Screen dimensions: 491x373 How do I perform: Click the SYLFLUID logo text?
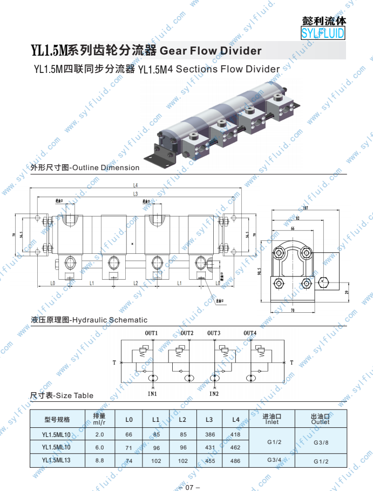[x=323, y=33]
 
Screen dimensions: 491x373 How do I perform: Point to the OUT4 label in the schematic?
[x=250, y=333]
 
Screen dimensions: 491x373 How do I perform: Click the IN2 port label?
[x=214, y=394]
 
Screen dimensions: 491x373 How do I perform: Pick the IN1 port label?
[x=153, y=394]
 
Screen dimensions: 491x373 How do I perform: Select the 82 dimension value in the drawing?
[x=297, y=218]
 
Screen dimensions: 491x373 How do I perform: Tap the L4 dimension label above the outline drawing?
[x=135, y=185]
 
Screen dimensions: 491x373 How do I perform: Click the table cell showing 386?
[x=210, y=434]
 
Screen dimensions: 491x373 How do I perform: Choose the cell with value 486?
[x=235, y=461]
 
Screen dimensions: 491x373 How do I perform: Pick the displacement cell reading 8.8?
[x=99, y=460]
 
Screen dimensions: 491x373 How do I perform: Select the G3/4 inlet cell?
[x=274, y=460]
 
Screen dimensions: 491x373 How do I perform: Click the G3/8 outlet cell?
[x=321, y=442]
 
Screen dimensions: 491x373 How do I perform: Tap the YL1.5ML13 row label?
[x=57, y=460]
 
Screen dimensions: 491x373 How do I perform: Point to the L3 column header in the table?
[x=209, y=419]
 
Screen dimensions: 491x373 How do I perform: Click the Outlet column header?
[x=320, y=422]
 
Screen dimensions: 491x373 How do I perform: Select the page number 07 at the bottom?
[x=189, y=487]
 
